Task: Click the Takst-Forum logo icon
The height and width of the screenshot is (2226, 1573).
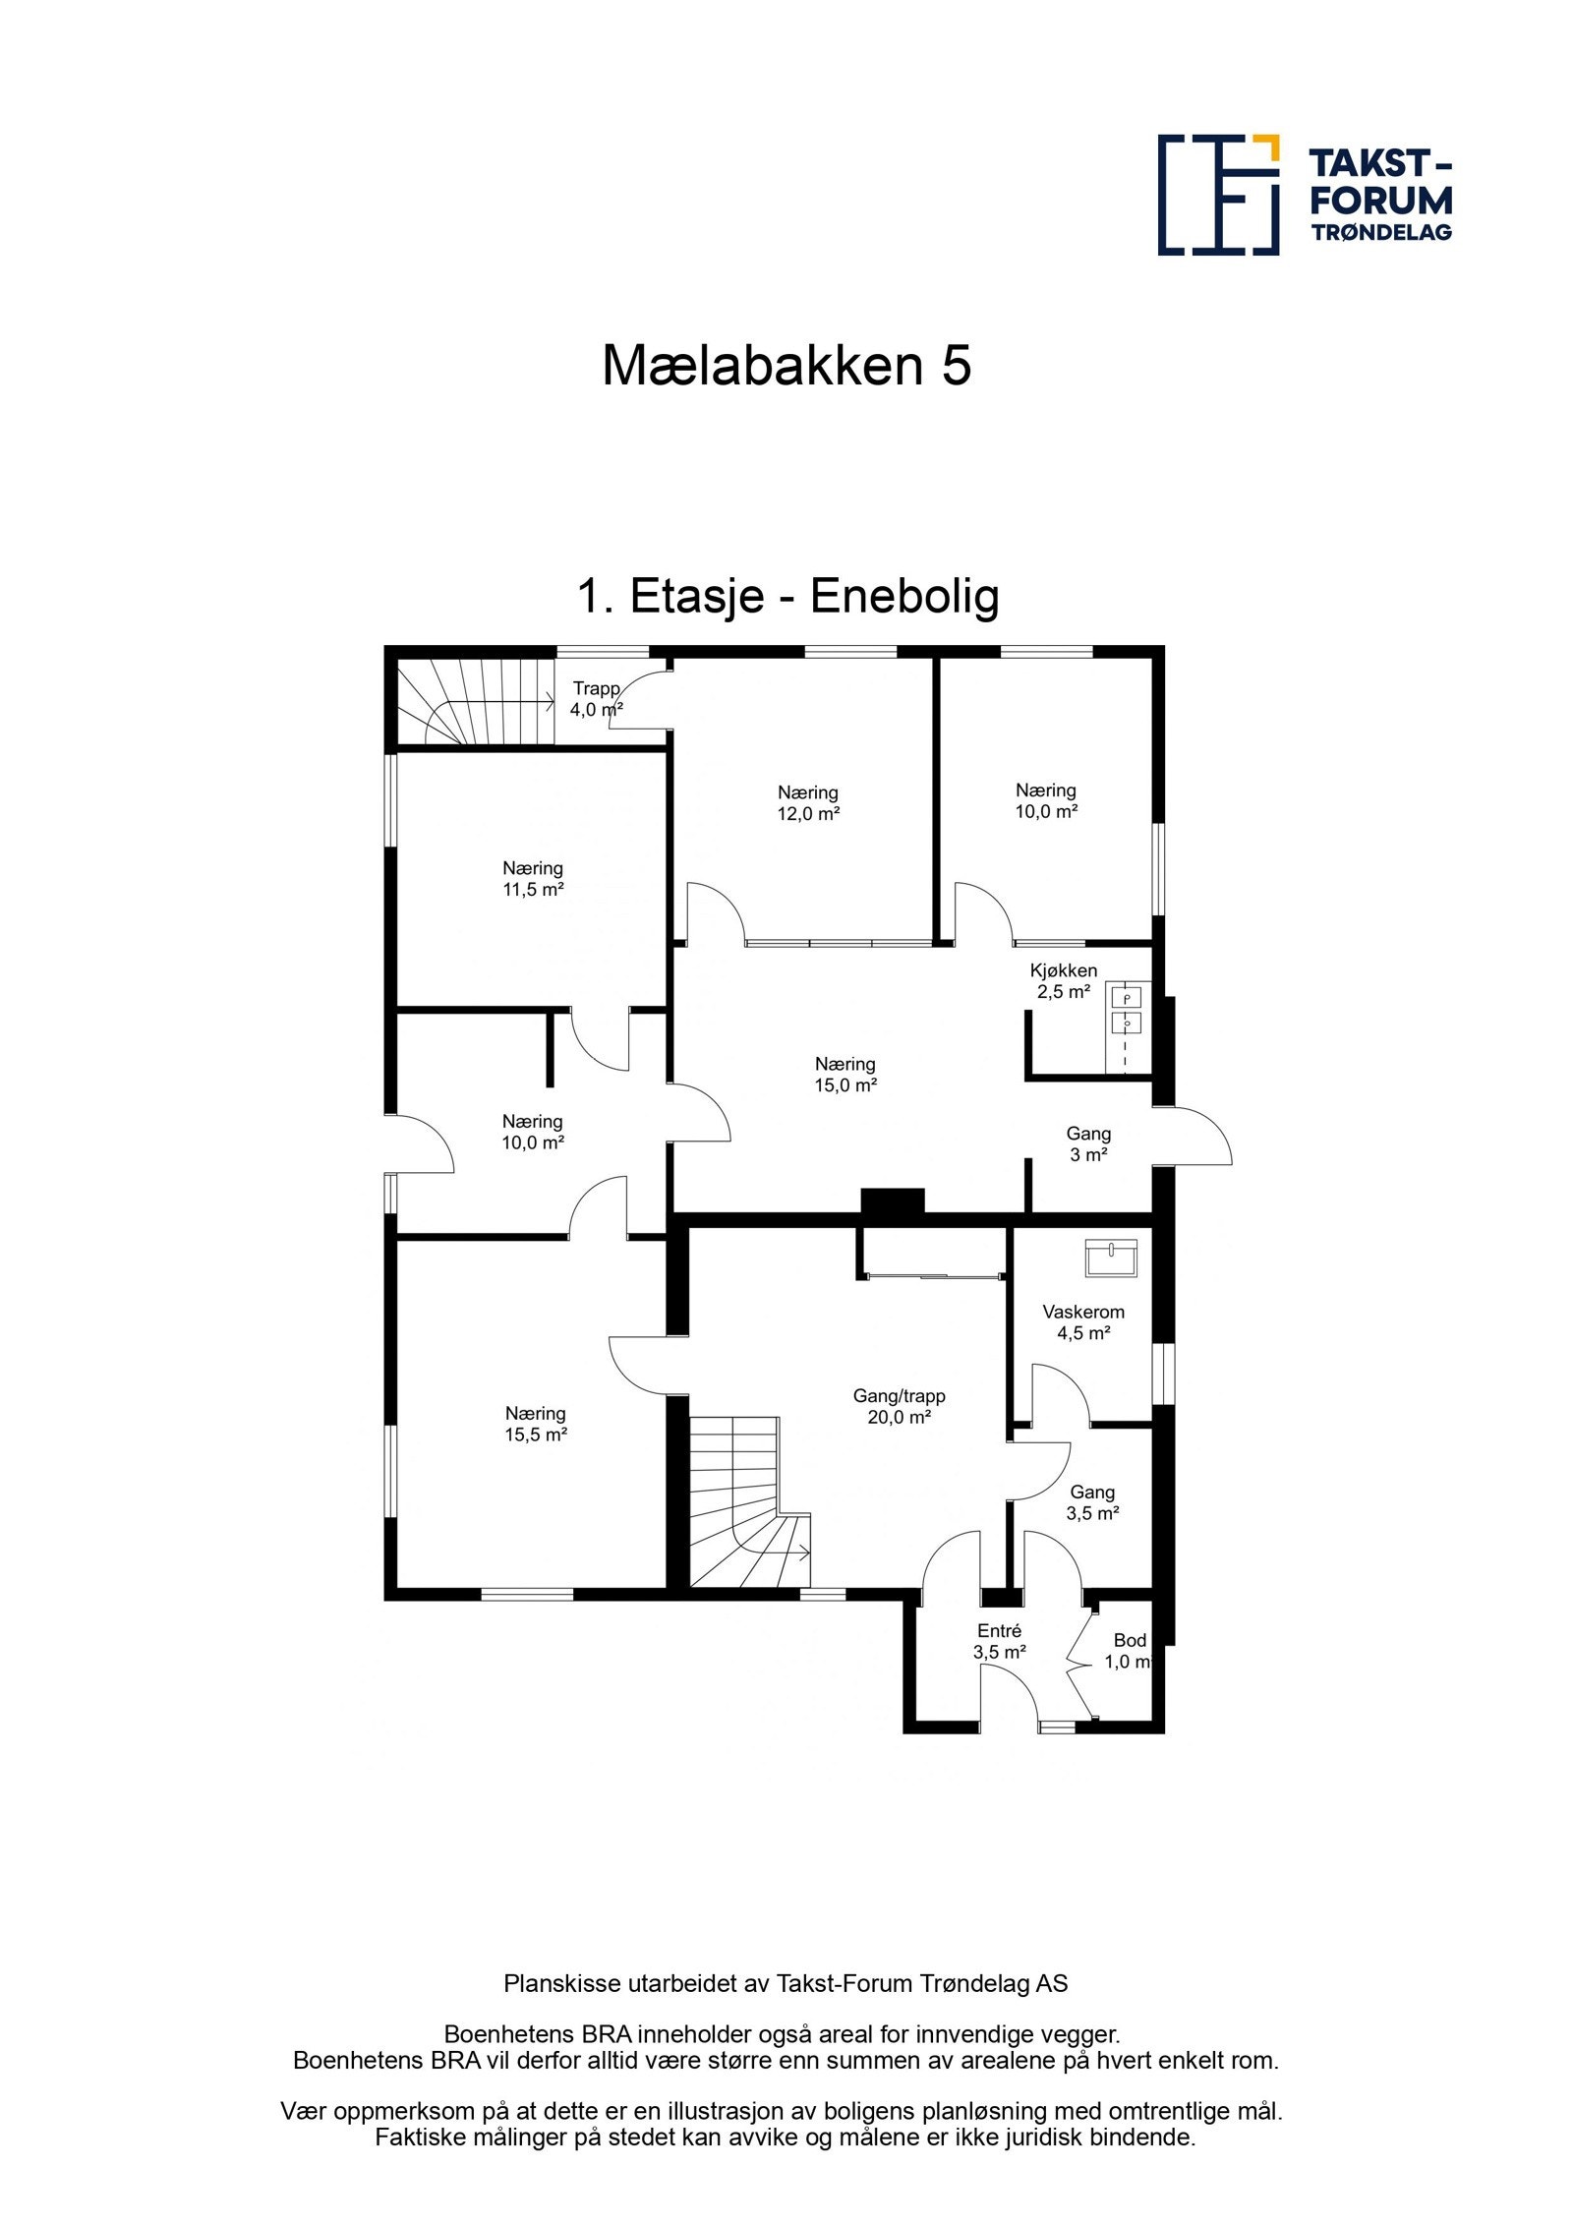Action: [1218, 195]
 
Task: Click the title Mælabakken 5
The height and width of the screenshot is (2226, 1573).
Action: [786, 366]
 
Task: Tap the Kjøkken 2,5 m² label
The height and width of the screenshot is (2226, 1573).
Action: [1063, 981]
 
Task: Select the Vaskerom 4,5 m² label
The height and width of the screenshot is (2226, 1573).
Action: [1083, 1322]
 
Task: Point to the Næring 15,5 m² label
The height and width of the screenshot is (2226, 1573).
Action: [536, 1424]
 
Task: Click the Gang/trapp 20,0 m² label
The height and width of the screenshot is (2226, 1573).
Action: [899, 1406]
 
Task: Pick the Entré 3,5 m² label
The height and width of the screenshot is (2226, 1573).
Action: [1000, 1642]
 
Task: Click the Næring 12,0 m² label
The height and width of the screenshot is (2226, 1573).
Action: [808, 802]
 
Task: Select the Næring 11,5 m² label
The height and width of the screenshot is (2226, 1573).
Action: [533, 879]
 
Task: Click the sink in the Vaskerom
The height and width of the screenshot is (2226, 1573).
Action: [1111, 1258]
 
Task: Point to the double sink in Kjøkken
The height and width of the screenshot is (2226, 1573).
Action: [1126, 1011]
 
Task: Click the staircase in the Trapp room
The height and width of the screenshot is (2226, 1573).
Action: [476, 701]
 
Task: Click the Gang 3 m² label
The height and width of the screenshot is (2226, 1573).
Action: [1088, 1144]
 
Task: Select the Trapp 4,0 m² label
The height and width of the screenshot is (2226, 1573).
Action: [596, 699]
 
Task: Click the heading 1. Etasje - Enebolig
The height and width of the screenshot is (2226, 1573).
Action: [787, 596]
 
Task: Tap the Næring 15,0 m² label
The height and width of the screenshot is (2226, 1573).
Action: [845, 1075]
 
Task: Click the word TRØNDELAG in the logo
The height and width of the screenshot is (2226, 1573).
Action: [1381, 232]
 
